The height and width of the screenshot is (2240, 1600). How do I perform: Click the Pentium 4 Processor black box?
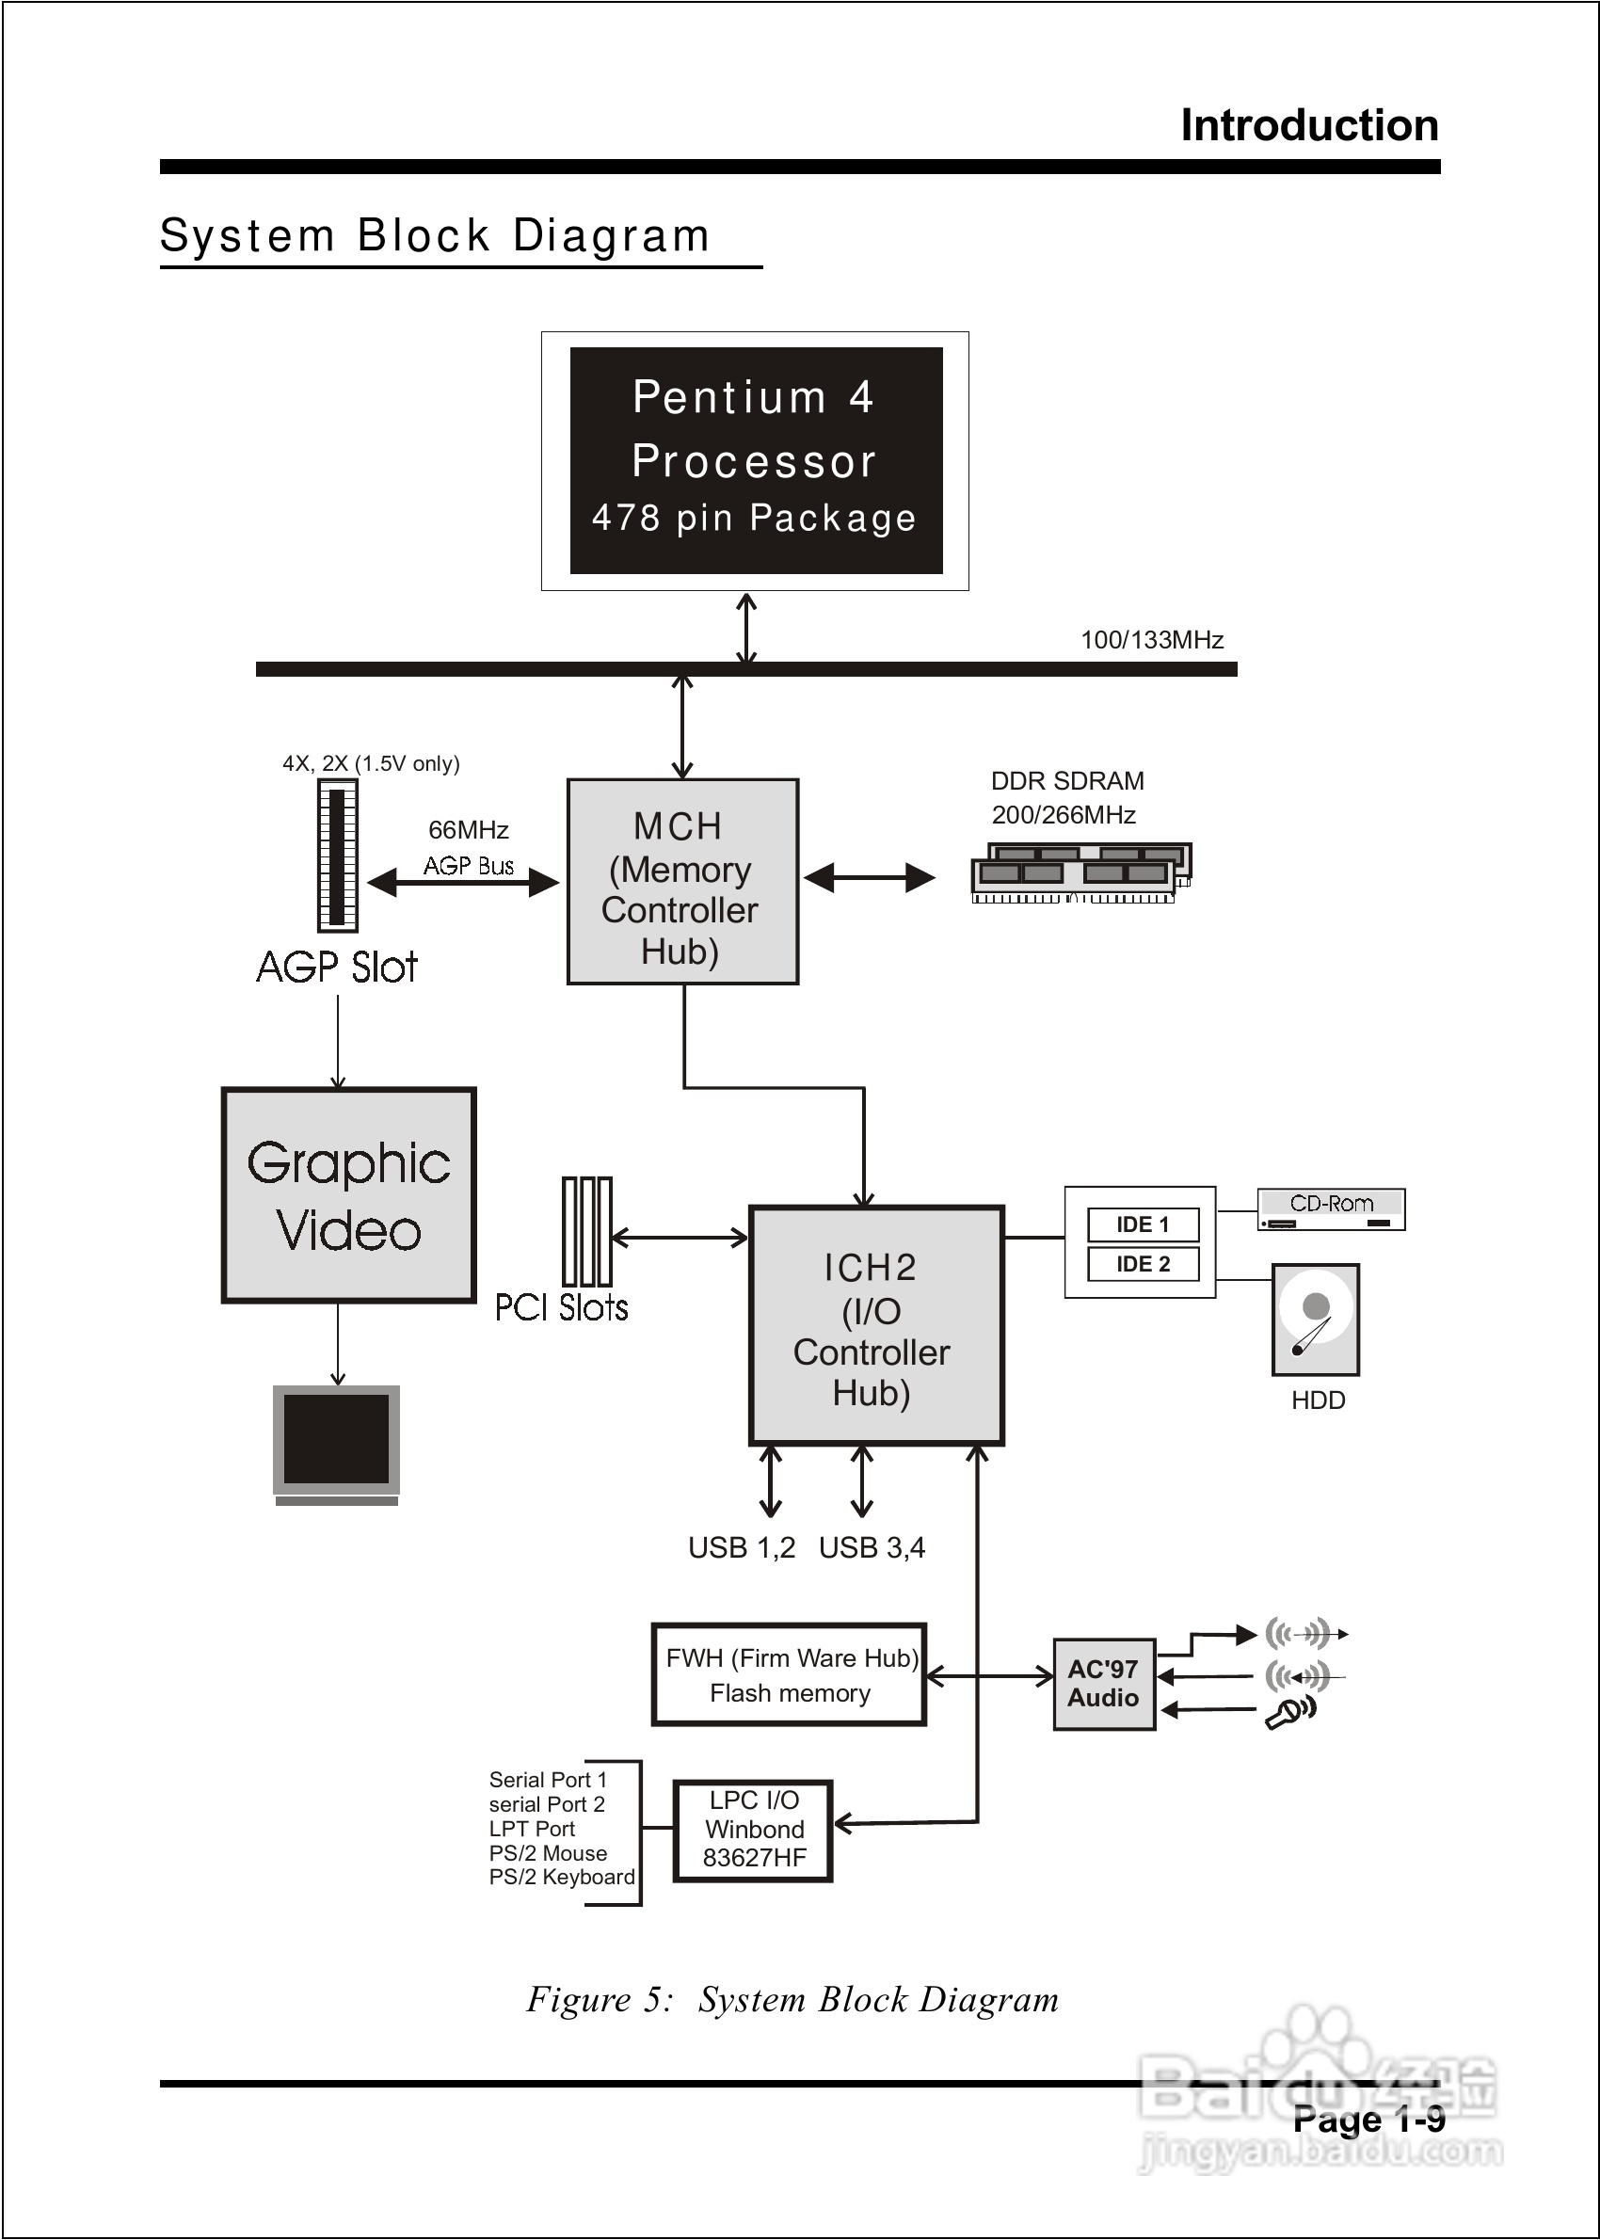click(x=756, y=460)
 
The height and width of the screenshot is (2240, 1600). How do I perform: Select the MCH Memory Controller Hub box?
click(x=681, y=882)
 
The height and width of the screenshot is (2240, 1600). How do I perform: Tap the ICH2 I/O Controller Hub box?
click(x=876, y=1325)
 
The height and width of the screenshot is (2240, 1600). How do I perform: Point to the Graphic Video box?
click(x=349, y=1195)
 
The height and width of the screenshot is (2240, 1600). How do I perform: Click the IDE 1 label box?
click(x=1143, y=1224)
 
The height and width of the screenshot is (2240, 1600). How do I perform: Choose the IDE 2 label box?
click(x=1143, y=1264)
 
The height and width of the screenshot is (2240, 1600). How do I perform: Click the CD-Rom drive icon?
click(x=1331, y=1209)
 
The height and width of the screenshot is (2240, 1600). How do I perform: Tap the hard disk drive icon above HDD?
click(x=1315, y=1320)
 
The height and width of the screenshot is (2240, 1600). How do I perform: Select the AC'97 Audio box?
click(x=1103, y=1684)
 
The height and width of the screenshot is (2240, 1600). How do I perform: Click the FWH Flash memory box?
click(x=789, y=1674)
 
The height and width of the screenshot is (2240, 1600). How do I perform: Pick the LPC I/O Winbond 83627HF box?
click(x=754, y=1830)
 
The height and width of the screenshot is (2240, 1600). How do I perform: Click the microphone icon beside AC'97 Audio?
click(x=1288, y=1713)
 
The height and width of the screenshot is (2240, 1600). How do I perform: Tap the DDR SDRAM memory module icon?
click(x=1080, y=872)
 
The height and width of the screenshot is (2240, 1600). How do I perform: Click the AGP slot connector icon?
click(x=337, y=855)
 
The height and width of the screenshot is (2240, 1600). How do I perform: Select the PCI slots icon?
click(x=586, y=1231)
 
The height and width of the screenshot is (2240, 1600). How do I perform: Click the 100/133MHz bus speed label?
click(x=1152, y=640)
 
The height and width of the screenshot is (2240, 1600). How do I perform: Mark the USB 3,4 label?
click(x=872, y=1547)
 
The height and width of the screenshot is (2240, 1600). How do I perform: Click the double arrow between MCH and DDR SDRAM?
click(x=869, y=878)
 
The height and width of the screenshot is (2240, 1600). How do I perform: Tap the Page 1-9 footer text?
click(x=1368, y=2119)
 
